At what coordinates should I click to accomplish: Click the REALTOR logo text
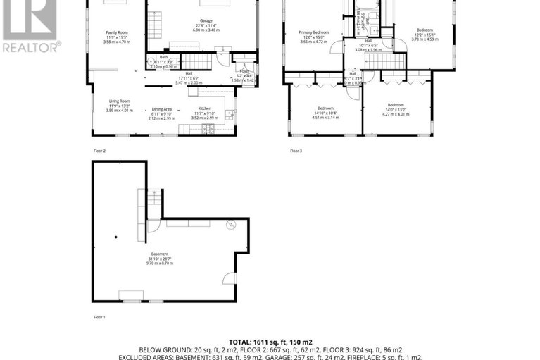pos(30,49)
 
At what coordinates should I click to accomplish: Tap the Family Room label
pos(118,33)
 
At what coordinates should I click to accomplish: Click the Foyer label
pos(244,72)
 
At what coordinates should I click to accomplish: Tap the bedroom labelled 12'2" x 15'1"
pos(425,30)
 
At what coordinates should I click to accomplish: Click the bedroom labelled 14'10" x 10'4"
pos(325,108)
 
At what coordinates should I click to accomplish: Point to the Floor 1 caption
pos(99,317)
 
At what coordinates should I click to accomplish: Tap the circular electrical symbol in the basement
pos(230,226)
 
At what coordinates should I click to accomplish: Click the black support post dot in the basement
pos(115,237)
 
